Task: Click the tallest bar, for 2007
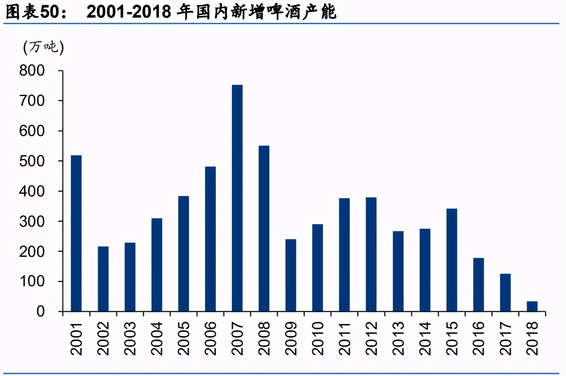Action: pos(237,198)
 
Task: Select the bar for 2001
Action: pos(76,233)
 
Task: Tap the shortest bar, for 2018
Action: pos(532,306)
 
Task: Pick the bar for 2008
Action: pos(264,228)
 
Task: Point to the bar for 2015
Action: pos(452,260)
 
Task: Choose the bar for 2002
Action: pos(103,279)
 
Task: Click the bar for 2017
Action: pos(505,292)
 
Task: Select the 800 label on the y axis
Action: pos(38,70)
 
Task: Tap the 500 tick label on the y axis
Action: pos(38,161)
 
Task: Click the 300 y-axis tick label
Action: pos(38,221)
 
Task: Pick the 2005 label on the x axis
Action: pos(184,338)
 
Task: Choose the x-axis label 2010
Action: pos(317,338)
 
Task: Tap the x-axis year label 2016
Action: pos(478,338)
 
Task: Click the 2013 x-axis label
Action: pos(398,338)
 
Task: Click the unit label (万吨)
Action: pos(44,48)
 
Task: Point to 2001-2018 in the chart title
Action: pos(129,13)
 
